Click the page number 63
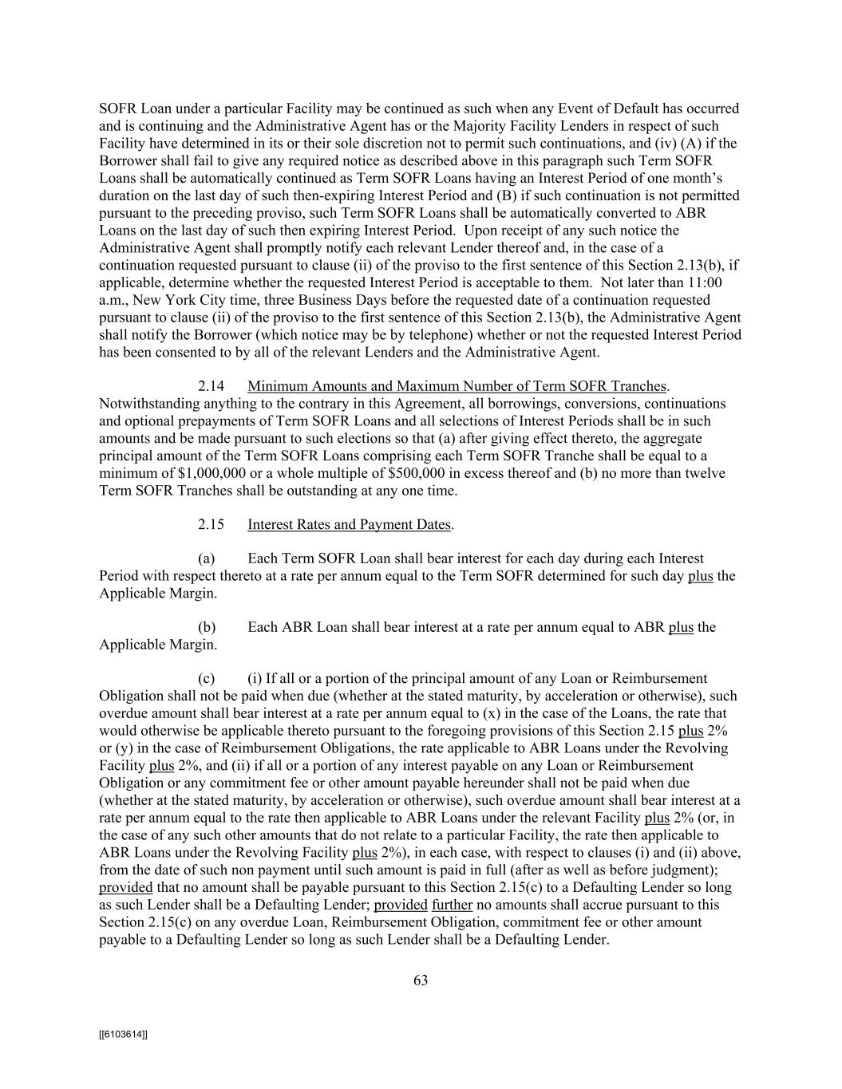click(x=421, y=980)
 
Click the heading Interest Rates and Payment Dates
click(x=350, y=525)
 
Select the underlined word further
click(x=453, y=906)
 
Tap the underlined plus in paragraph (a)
click(x=700, y=576)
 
